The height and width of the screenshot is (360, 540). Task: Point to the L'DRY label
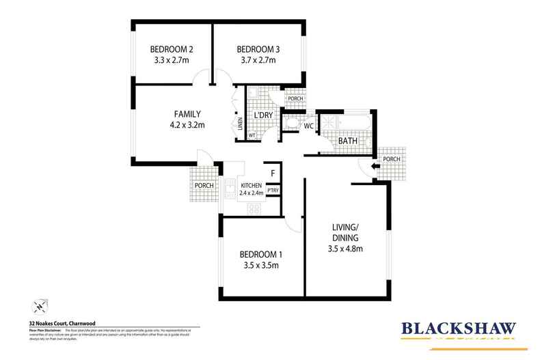pos(263,115)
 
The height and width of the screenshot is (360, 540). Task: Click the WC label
pos(309,126)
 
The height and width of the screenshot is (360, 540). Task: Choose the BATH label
pos(351,141)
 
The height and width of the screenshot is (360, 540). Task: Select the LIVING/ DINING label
pos(345,231)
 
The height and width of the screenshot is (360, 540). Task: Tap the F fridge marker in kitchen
pos(273,174)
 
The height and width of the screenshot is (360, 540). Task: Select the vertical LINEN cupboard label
pos(240,125)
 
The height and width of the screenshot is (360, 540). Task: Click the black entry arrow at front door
pos(374,165)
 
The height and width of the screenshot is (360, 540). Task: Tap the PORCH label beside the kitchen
pos(204,185)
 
